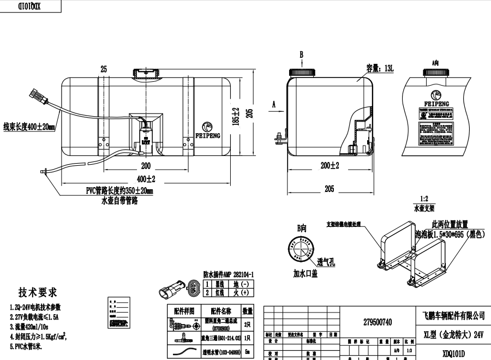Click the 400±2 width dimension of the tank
point(146,178)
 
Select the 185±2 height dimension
point(236,115)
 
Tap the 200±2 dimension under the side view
point(330,165)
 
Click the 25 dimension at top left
point(104,69)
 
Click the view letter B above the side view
point(301,54)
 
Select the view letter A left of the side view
point(274,103)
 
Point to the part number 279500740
point(377,322)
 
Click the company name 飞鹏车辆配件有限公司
point(454,315)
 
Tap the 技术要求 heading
point(38,292)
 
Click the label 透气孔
point(326,262)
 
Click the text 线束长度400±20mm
point(29,127)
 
